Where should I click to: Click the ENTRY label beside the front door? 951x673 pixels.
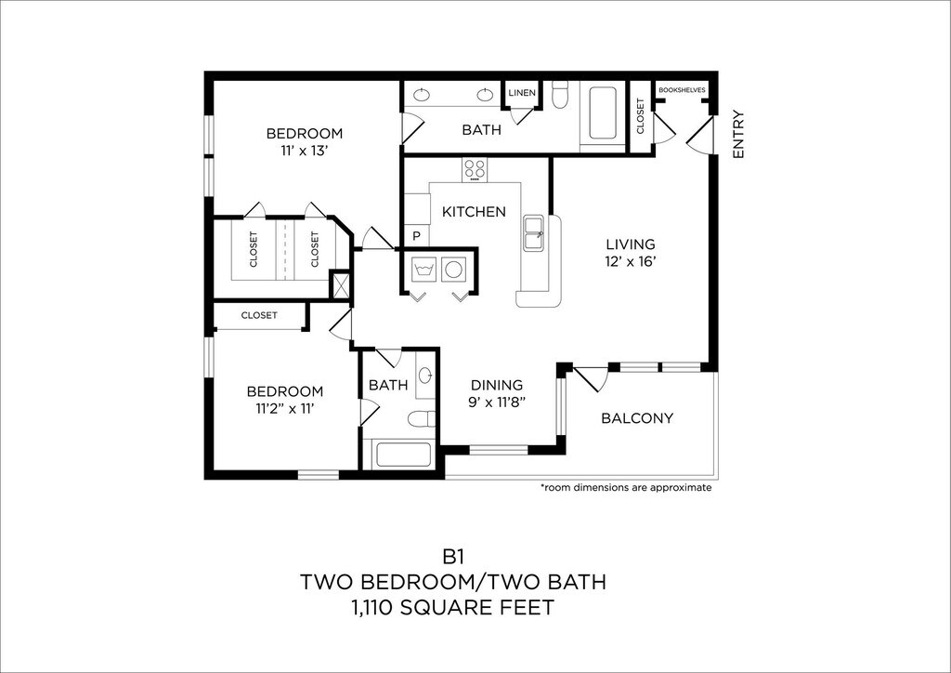tap(738, 134)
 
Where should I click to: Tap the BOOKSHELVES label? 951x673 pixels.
tap(682, 90)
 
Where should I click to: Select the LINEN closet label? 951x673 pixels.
tap(522, 93)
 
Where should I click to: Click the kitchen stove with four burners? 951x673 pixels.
tap(475, 170)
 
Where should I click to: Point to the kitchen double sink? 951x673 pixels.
tap(534, 232)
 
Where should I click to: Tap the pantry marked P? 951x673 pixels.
tap(417, 236)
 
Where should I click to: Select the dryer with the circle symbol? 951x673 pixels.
tap(452, 269)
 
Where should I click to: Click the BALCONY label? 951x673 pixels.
tap(637, 418)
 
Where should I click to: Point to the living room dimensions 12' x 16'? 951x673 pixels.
tap(631, 261)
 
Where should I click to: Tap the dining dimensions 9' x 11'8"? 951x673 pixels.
tap(497, 402)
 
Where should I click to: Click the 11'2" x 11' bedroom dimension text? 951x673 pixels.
tap(284, 408)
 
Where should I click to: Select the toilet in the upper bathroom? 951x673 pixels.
tap(560, 95)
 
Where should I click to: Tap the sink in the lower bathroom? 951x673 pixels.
tap(425, 376)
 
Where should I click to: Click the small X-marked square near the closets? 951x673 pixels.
tap(340, 285)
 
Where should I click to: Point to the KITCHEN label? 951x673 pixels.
tap(474, 212)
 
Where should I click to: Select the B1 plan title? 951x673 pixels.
tap(453, 556)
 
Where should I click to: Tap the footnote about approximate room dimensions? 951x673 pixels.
tap(625, 487)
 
